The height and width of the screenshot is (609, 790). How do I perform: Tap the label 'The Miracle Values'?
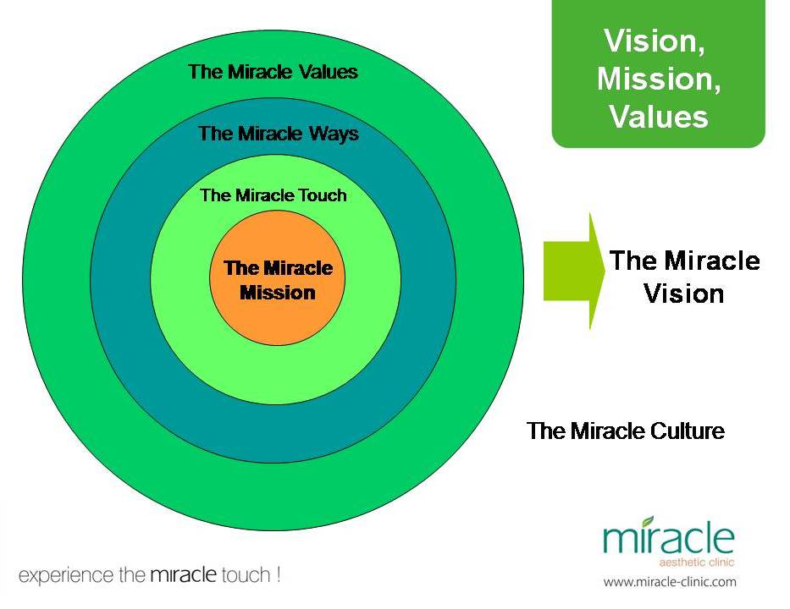click(273, 71)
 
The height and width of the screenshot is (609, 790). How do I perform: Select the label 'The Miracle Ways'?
click(278, 134)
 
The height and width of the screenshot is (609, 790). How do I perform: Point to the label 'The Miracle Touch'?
click(273, 195)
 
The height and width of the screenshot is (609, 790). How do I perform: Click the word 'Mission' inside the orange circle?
click(277, 293)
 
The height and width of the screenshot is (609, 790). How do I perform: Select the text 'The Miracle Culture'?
click(625, 431)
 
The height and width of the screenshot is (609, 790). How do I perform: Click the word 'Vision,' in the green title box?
click(658, 41)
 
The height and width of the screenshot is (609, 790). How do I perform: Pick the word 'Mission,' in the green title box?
click(658, 79)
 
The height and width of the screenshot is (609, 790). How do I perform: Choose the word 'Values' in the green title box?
click(658, 117)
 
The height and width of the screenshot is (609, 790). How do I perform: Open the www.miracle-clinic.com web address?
click(669, 582)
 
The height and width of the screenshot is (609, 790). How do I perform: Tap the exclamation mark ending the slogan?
click(277, 575)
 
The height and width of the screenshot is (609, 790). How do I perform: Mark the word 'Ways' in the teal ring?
click(335, 134)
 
